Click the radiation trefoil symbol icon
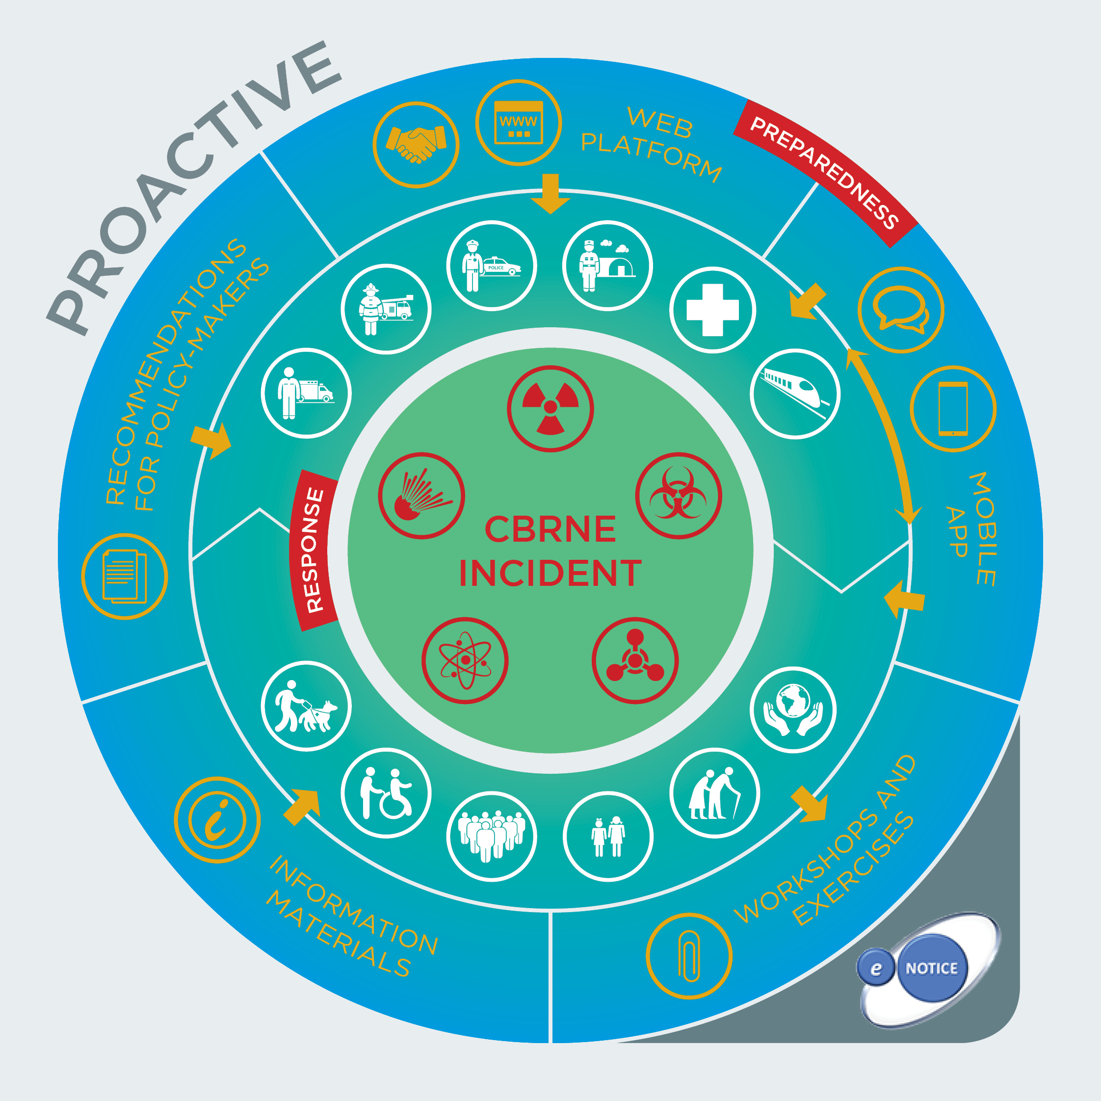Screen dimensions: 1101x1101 550,409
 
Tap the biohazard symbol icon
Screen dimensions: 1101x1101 678,495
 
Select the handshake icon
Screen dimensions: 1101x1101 416,145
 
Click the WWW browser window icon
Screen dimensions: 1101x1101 518,123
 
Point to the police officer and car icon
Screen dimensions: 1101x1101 491,265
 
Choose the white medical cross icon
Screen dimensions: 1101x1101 712,310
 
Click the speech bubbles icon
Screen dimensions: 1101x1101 900,310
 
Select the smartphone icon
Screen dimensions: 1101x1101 953,409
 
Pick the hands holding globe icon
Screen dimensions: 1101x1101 793,709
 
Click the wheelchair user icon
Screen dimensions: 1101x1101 386,793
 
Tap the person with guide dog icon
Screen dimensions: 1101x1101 306,706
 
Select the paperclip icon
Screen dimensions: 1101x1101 689,956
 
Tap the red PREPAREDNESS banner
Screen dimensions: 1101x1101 825,172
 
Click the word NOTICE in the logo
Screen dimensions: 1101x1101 931,968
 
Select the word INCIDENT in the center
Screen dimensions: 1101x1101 550,573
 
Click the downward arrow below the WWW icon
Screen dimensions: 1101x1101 550,194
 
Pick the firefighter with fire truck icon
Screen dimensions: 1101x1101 386,309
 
